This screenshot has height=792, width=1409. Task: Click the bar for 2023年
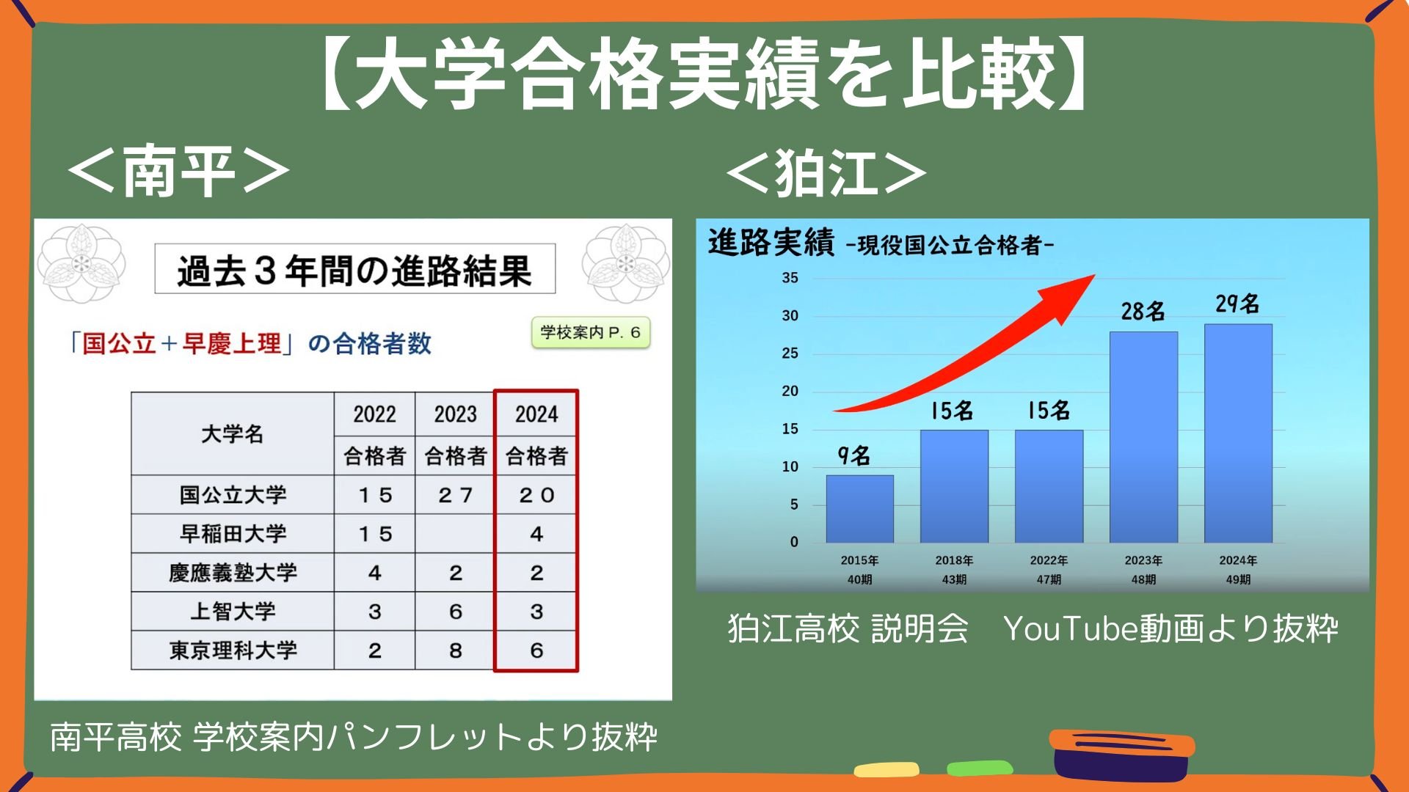pos(1143,437)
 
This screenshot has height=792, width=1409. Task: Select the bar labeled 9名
pos(860,509)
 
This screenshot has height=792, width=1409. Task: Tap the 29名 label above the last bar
pos(1237,304)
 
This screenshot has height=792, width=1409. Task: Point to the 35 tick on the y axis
pos(790,278)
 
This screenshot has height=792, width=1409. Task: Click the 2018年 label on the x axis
pos(954,560)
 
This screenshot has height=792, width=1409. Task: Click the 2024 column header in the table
pos(536,414)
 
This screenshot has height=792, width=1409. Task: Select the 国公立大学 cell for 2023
pos(456,495)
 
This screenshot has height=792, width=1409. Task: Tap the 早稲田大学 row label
pos(233,534)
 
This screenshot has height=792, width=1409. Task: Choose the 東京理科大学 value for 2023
pos(456,650)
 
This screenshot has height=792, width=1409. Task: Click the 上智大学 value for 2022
pos(375,612)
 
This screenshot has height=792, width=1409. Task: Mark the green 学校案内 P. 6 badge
pos(591,332)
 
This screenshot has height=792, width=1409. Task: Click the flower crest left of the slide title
pos(81,263)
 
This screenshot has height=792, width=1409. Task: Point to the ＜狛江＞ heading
pos(827,173)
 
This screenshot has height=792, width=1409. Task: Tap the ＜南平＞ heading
pos(180,172)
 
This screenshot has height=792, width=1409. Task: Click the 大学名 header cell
pos(233,433)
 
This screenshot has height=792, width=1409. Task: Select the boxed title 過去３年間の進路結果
pos(355,269)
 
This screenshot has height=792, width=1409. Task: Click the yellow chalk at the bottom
pos(886,769)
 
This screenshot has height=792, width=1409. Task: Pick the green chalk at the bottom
pos(980,768)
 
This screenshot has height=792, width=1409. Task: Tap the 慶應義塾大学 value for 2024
pos(536,573)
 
